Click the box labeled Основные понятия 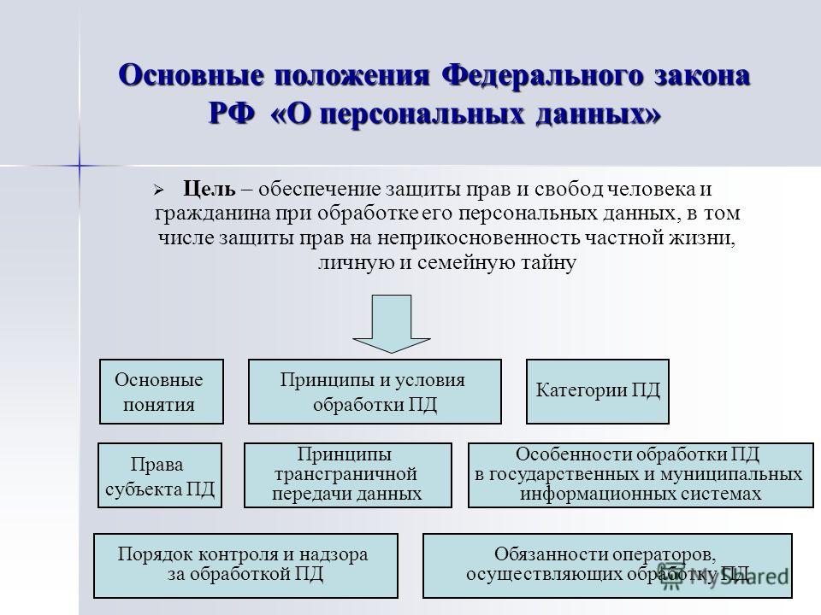(x=162, y=391)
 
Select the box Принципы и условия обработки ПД (x=375, y=391)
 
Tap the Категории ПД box (x=598, y=391)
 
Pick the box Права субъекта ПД (x=160, y=476)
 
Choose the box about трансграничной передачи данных (x=348, y=476)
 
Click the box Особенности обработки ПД (x=641, y=476)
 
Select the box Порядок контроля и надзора (x=245, y=565)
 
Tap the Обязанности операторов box (x=607, y=565)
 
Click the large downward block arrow (x=391, y=324)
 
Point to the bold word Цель (x=210, y=189)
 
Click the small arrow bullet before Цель (x=159, y=190)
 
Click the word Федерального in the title (x=542, y=75)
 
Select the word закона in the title (x=702, y=76)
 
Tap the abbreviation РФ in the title (x=232, y=114)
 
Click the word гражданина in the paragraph (x=213, y=214)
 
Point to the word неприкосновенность (x=478, y=238)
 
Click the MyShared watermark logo (x=724, y=576)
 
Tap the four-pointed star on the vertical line (x=80, y=166)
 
